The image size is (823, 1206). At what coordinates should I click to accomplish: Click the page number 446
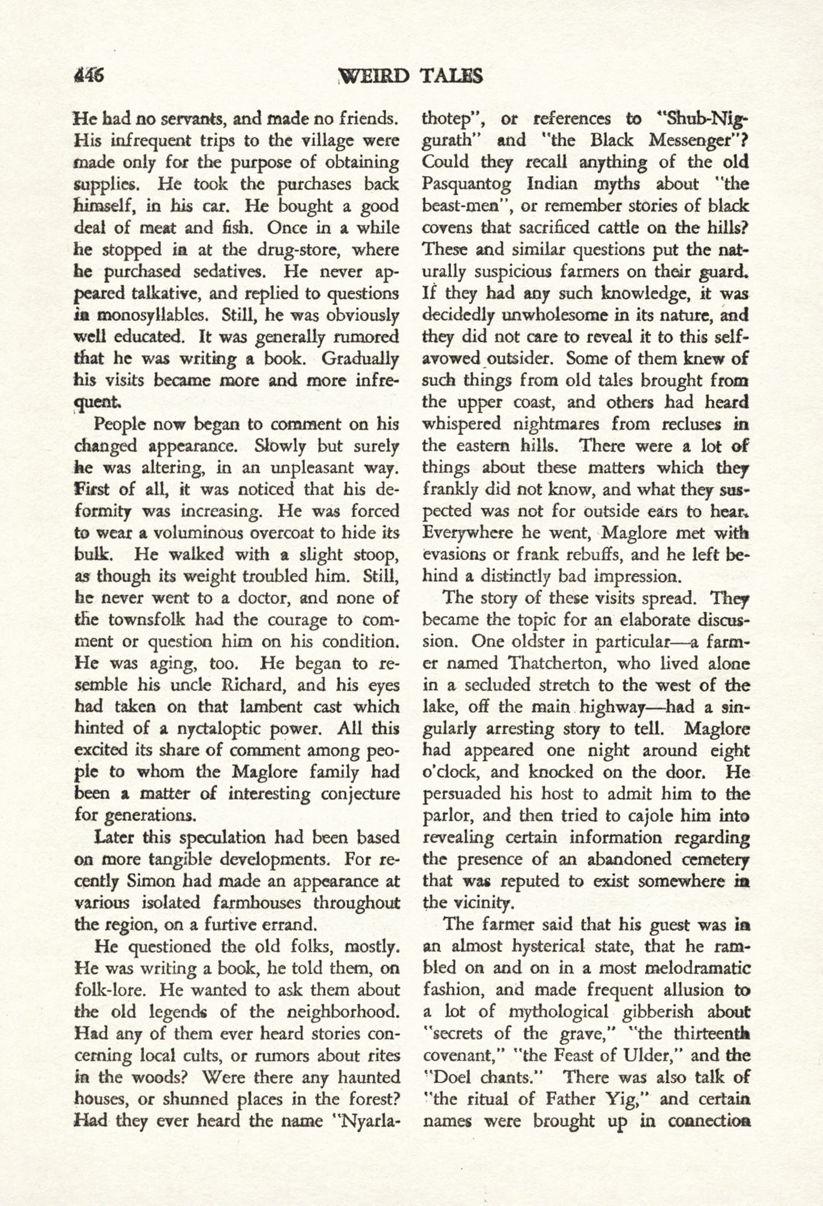[x=89, y=76]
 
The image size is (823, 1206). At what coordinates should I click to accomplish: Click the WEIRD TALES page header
[x=410, y=76]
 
